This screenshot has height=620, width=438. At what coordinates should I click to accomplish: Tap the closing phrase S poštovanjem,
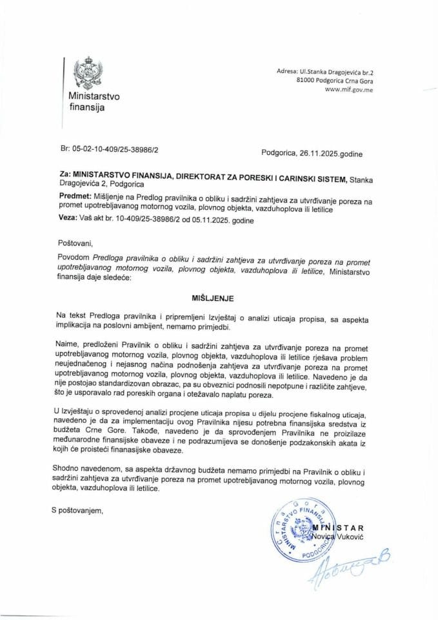pyautogui.click(x=78, y=511)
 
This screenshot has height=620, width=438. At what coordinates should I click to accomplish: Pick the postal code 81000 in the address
pyautogui.click(x=306, y=81)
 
